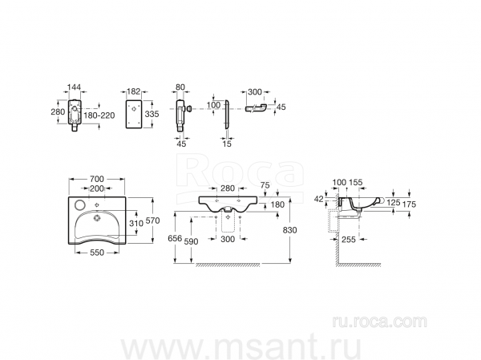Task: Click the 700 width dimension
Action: coord(97,179)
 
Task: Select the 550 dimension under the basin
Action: coord(97,253)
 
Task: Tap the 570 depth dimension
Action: coord(153,220)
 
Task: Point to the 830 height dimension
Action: coord(290,230)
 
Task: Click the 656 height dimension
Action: coord(175,238)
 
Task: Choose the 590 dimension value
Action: coord(191,241)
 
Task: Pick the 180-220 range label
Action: coord(99,115)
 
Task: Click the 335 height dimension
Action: coord(152,114)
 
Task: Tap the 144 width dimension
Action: coord(74,87)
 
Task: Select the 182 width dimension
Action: coord(133,91)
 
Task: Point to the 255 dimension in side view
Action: coord(349,239)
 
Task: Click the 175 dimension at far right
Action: coord(409,204)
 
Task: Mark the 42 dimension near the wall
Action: coord(319,199)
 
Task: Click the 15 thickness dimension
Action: coord(227,144)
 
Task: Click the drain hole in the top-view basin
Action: coord(97,217)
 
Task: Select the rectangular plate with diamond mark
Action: coord(133,113)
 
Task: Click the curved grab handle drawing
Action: coord(256,107)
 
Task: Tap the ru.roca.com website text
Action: coord(380,322)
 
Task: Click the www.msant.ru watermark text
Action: coord(240,347)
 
